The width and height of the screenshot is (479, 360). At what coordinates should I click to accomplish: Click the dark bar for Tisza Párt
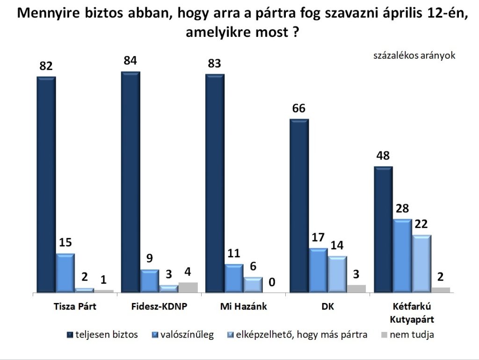[x=46, y=184]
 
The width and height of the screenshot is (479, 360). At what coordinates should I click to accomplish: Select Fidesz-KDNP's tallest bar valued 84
[x=131, y=182]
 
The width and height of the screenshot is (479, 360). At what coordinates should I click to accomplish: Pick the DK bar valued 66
[x=299, y=206]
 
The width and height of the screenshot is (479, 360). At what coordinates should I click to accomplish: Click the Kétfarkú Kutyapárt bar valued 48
[x=383, y=230]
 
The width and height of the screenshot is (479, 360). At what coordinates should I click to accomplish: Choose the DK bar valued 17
[x=318, y=270]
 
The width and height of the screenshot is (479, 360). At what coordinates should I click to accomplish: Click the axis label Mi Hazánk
[x=243, y=307]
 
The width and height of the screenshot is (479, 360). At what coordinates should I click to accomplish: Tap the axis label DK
[x=328, y=307]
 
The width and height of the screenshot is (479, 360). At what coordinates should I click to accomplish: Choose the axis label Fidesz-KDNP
[x=159, y=307]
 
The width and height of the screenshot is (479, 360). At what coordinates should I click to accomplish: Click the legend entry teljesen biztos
[x=103, y=334]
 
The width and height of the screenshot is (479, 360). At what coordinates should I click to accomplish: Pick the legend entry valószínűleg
[x=182, y=334]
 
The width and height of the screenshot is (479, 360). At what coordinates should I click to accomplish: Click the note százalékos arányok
[x=414, y=55]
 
